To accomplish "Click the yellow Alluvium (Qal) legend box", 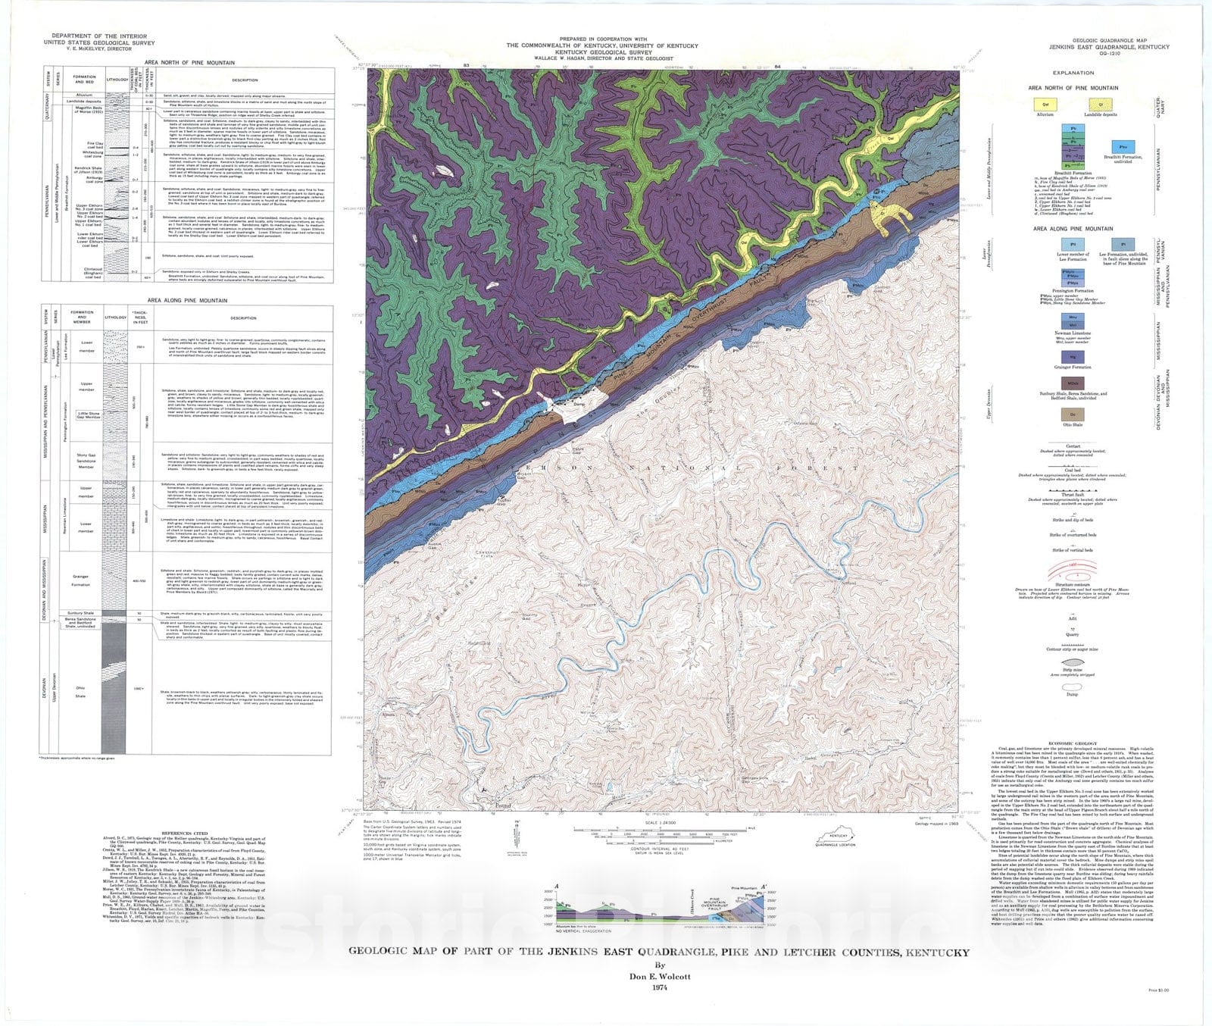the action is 1045,105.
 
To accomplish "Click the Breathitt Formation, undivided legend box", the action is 1123,146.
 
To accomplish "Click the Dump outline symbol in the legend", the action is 1072,685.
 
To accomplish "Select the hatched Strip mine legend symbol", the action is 1072,662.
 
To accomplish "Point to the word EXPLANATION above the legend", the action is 1073,73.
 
